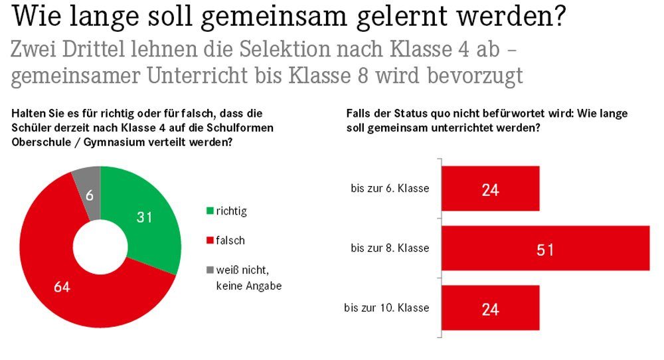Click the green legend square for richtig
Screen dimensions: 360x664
click(210, 211)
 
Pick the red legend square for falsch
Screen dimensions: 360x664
click(210, 240)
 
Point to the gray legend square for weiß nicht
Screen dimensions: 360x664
click(210, 270)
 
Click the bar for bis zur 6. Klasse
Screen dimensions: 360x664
click(490, 189)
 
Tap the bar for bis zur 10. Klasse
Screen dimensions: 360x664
click(490, 308)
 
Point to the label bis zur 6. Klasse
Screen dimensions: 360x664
click(390, 189)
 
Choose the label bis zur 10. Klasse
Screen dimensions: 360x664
click(387, 308)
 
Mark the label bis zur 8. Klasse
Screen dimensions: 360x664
click(390, 248)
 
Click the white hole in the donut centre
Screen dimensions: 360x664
click(100, 246)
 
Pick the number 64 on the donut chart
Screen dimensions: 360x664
click(62, 288)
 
